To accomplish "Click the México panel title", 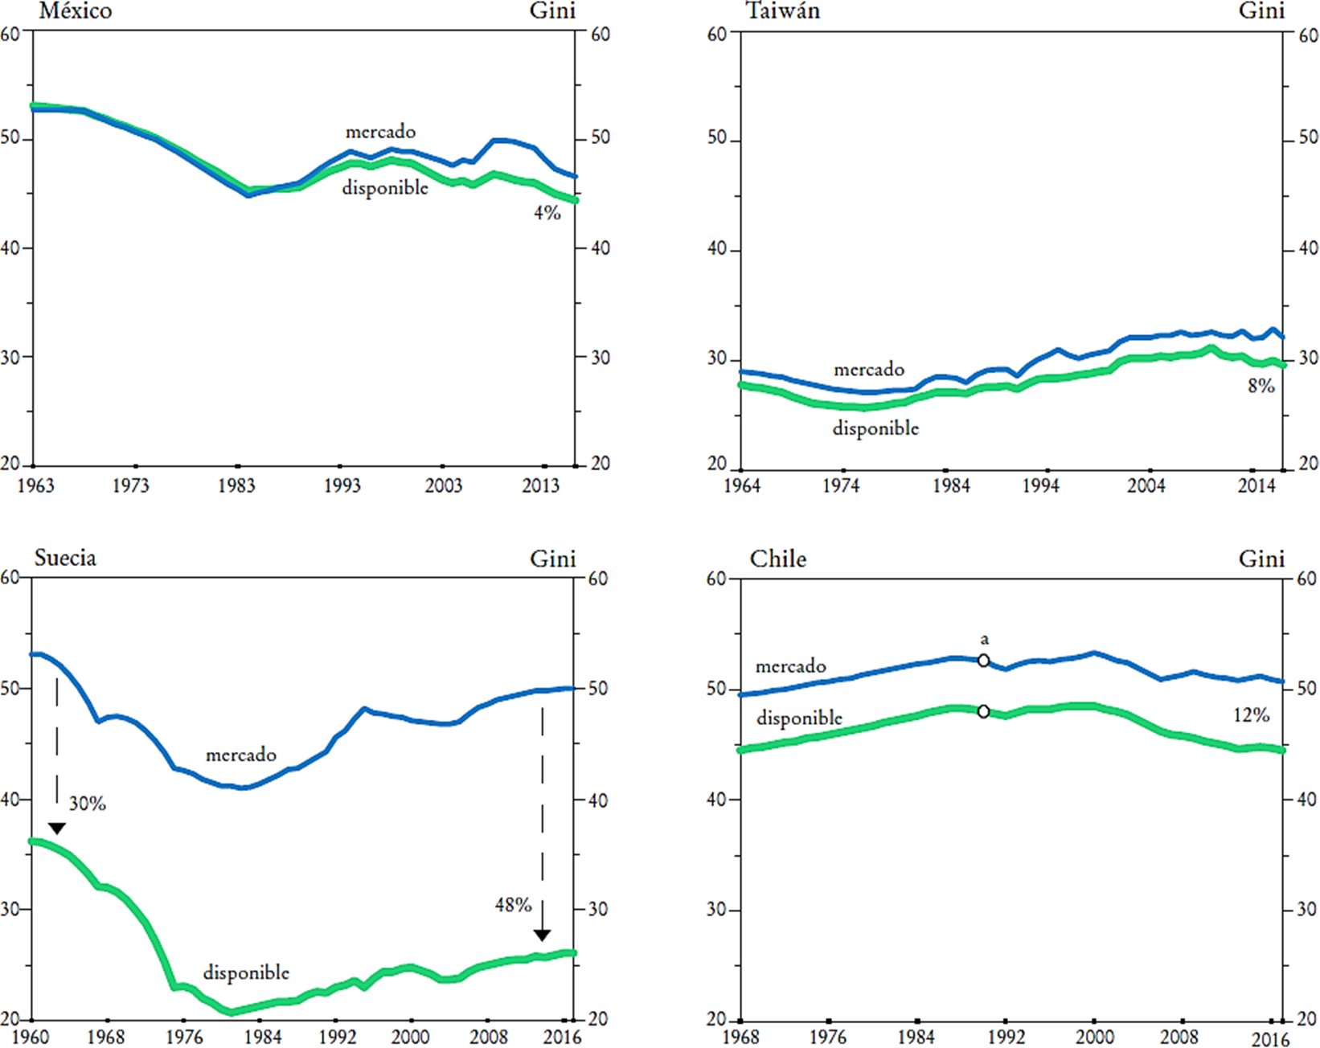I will (x=76, y=11).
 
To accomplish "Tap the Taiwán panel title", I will (x=783, y=11).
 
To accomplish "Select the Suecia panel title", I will (x=65, y=558).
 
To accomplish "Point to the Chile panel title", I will (x=777, y=559).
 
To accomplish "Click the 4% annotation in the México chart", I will (x=547, y=213).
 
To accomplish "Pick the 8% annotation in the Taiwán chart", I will (x=1261, y=386).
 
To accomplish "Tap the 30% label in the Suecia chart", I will (x=87, y=804).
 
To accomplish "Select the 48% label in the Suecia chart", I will (x=513, y=905).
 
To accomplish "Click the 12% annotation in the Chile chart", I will (x=1251, y=715).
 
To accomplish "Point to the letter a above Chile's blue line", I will (x=984, y=640).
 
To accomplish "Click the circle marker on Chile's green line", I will (x=983, y=711).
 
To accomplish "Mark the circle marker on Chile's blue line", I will (x=983, y=661).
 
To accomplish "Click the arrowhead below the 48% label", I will (x=542, y=935).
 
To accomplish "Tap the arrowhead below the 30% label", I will (x=56, y=829).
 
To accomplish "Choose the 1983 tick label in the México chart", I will (x=236, y=485).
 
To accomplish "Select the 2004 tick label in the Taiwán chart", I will (x=1146, y=486).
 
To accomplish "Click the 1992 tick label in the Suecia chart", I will (x=337, y=1037).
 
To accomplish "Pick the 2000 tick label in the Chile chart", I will (x=1095, y=1037).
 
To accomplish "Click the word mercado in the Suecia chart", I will (x=241, y=755).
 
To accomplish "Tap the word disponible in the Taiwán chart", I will (x=875, y=428).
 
